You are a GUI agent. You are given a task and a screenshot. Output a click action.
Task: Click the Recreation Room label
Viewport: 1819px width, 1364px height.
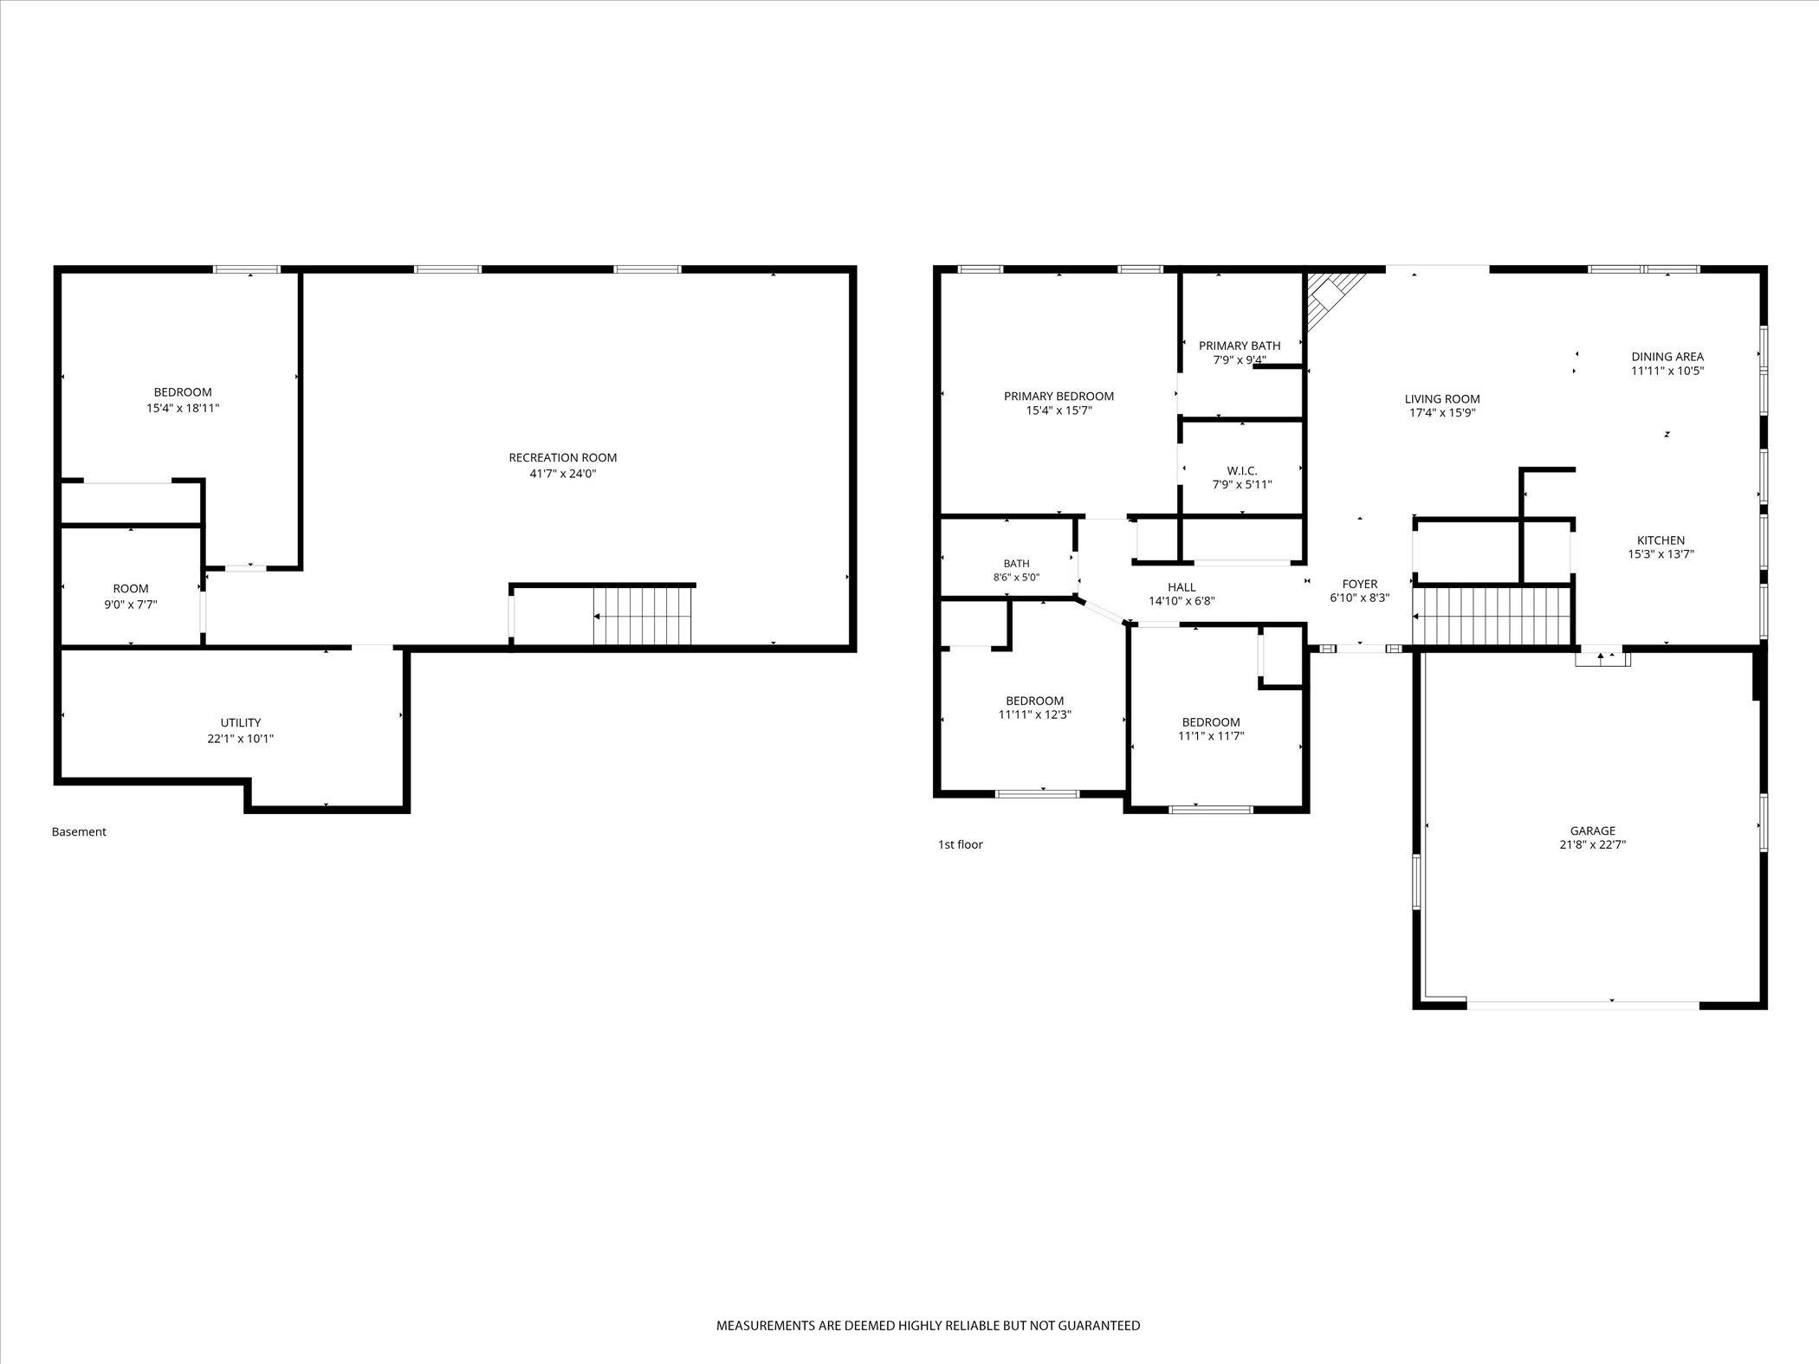pyautogui.click(x=563, y=457)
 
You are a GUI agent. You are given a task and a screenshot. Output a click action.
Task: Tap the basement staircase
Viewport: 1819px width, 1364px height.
pyautogui.click(x=642, y=616)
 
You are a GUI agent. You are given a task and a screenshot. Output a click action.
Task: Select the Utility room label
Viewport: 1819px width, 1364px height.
pyautogui.click(x=241, y=722)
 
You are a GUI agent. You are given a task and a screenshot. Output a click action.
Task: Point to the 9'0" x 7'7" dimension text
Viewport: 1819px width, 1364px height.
pyautogui.click(x=131, y=604)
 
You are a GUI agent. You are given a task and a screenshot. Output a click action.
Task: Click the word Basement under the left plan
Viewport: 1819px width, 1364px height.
pyautogui.click(x=79, y=831)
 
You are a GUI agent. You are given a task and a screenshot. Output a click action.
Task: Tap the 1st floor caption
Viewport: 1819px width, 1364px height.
pyautogui.click(x=961, y=844)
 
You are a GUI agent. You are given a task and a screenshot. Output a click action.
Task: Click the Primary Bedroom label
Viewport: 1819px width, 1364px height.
pyautogui.click(x=1058, y=396)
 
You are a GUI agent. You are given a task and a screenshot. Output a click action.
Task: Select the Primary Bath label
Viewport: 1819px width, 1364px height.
pyautogui.click(x=1240, y=346)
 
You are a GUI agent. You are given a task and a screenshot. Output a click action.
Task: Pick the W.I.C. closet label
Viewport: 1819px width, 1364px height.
pyautogui.click(x=1242, y=470)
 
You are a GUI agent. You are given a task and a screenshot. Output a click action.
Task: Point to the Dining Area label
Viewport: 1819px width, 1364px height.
pyautogui.click(x=1667, y=356)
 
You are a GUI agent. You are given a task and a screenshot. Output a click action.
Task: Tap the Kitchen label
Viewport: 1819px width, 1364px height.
pyautogui.click(x=1660, y=540)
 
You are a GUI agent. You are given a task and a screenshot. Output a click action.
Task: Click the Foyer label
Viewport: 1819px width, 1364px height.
pyautogui.click(x=1360, y=584)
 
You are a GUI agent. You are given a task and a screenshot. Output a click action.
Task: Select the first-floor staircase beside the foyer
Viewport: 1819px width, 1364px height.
pyautogui.click(x=1492, y=616)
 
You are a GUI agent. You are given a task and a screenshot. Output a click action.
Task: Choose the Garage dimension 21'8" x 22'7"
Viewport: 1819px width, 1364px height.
pyautogui.click(x=1593, y=844)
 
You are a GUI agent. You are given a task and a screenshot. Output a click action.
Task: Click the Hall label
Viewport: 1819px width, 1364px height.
pyautogui.click(x=1181, y=586)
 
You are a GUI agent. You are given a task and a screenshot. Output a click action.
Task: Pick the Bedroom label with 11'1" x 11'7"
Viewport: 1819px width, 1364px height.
pyautogui.click(x=1211, y=722)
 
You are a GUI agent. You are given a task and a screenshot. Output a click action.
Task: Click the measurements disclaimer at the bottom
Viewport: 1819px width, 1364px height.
pyautogui.click(x=928, y=1325)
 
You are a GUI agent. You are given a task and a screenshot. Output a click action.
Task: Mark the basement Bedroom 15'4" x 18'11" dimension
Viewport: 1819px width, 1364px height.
pyautogui.click(x=183, y=407)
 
